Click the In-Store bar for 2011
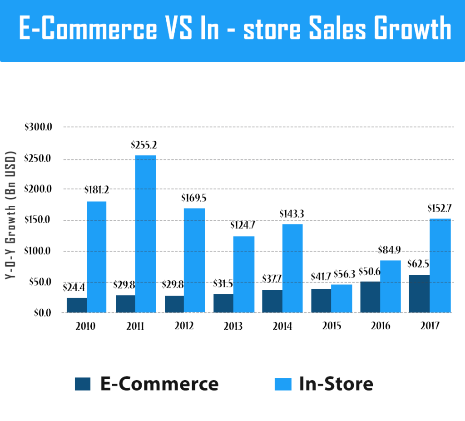pos(145,234)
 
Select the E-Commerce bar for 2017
pos(419,294)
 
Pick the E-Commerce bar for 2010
pos(77,305)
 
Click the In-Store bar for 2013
pos(244,274)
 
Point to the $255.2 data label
pos(143,145)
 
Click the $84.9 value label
pos(390,250)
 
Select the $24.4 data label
pos(75,287)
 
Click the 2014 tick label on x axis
pos(282,327)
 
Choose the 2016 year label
pos(380,327)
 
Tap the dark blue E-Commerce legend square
pos(83,384)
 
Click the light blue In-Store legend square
pos(282,384)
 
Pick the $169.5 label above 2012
pos(193,198)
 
